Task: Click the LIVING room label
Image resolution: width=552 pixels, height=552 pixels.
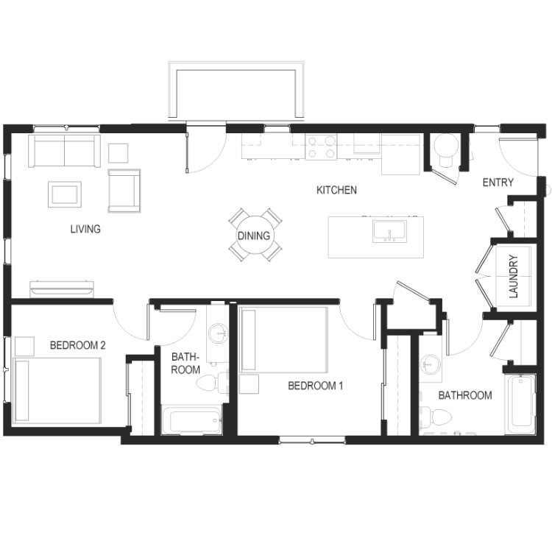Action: (x=85, y=229)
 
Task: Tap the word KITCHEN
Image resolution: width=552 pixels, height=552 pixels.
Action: (x=336, y=190)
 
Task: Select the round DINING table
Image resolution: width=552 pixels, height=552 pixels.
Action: (x=255, y=235)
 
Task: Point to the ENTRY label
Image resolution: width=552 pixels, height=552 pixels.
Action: (x=498, y=183)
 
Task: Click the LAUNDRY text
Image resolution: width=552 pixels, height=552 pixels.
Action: (x=514, y=276)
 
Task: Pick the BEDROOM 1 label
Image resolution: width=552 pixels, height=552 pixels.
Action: (x=315, y=386)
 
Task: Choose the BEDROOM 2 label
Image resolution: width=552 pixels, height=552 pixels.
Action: (x=78, y=345)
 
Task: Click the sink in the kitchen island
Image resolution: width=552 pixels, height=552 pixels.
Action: (x=389, y=231)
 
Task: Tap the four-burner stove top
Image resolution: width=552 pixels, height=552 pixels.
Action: (x=321, y=146)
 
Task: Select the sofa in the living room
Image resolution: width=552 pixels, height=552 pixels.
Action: (x=65, y=151)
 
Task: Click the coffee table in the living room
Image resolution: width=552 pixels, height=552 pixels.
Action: (x=65, y=194)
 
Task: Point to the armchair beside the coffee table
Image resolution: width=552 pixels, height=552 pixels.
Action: (x=124, y=191)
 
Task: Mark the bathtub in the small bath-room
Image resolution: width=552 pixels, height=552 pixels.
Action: (x=192, y=420)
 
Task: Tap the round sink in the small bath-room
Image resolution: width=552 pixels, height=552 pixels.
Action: (x=219, y=333)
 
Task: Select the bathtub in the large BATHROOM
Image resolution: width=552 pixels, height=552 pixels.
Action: (x=520, y=404)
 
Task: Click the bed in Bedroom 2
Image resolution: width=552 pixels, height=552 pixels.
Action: (x=57, y=391)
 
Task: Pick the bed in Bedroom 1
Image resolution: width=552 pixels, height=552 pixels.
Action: (x=283, y=340)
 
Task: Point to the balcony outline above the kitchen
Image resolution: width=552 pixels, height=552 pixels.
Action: (x=236, y=66)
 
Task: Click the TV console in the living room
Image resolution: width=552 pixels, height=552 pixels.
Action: (x=62, y=289)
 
